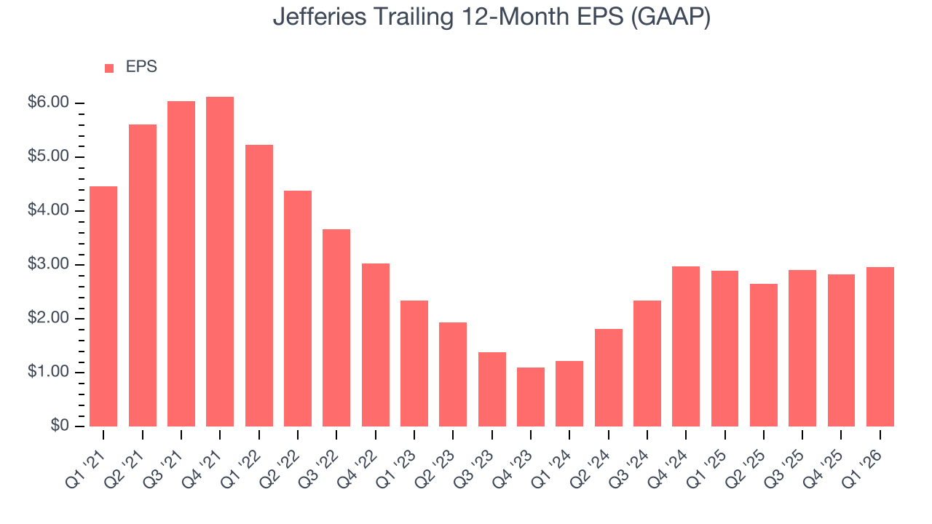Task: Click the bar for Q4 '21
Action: point(220,262)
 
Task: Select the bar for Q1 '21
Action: point(103,306)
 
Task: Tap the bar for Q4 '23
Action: point(531,397)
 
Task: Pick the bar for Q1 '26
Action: point(880,346)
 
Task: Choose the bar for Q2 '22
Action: point(298,309)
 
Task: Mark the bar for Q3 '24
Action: point(647,363)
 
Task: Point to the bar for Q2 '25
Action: point(764,355)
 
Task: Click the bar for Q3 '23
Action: point(492,389)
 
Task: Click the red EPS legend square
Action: point(109,68)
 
